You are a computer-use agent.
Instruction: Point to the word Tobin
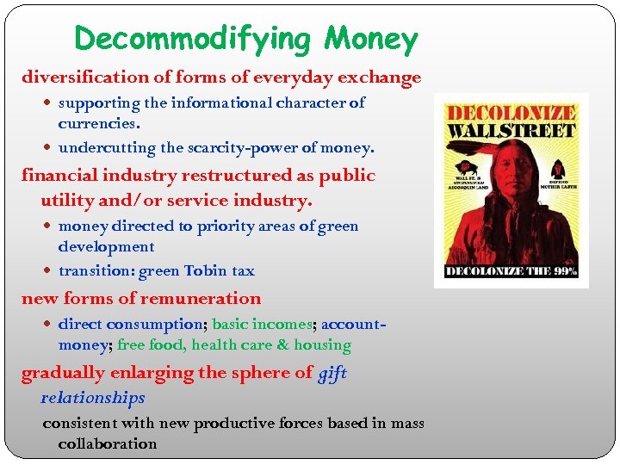(205, 271)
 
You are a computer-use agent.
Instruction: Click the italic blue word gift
(332, 373)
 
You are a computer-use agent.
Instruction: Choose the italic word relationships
(93, 398)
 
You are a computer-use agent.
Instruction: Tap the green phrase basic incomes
(262, 325)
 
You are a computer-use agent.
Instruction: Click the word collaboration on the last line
(108, 444)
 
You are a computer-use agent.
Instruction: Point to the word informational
(221, 103)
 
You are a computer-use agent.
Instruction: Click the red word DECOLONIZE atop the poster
(510, 113)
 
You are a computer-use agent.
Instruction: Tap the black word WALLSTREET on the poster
(510, 131)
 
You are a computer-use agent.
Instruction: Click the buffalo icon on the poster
(468, 169)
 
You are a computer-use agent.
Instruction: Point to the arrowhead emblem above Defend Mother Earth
(557, 168)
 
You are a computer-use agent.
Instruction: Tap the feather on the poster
(494, 153)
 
